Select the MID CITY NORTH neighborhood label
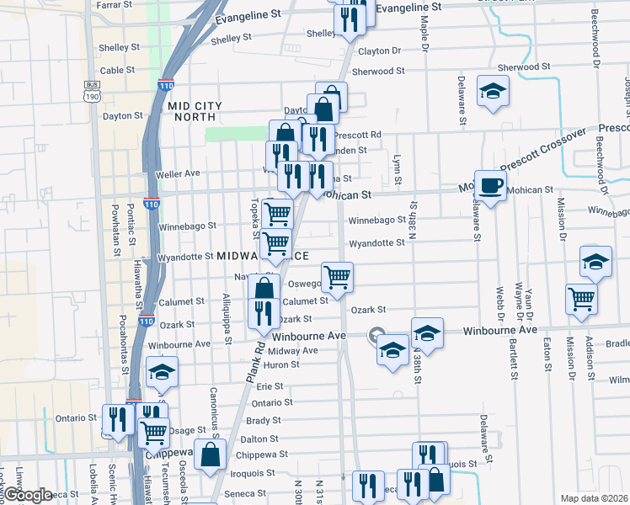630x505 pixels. (x=195, y=111)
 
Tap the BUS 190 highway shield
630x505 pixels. (x=92, y=90)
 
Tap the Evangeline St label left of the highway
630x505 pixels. (x=248, y=16)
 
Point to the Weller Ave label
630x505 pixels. (x=178, y=173)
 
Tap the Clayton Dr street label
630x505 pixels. (x=379, y=50)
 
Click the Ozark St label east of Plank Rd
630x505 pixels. (x=368, y=310)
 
